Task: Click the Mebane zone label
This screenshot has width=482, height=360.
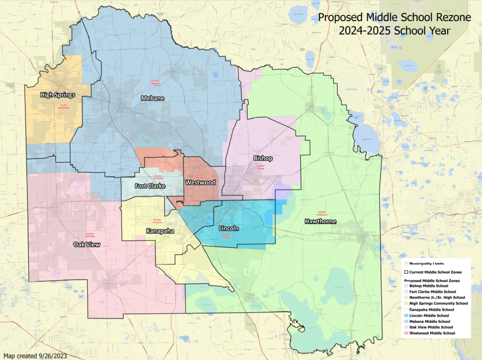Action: pos(153,98)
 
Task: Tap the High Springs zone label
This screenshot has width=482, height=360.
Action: pos(58,95)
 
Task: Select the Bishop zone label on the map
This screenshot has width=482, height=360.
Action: pos(263,159)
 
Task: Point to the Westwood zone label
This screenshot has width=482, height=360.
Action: pos(201,182)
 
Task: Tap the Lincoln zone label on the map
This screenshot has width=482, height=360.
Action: pos(229,228)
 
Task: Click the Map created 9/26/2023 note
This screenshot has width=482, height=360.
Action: pos(35,355)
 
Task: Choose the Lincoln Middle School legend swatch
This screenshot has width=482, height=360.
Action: pos(407,315)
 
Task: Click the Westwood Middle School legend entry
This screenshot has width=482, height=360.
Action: pos(432,333)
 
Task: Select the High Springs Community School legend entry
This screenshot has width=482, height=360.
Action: pos(438,304)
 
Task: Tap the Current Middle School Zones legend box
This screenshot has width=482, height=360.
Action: pos(407,272)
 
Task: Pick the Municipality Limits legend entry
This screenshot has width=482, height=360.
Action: pos(426,264)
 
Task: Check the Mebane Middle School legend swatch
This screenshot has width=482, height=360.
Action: pos(407,321)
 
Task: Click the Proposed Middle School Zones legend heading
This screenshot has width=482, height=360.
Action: pos(431,280)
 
